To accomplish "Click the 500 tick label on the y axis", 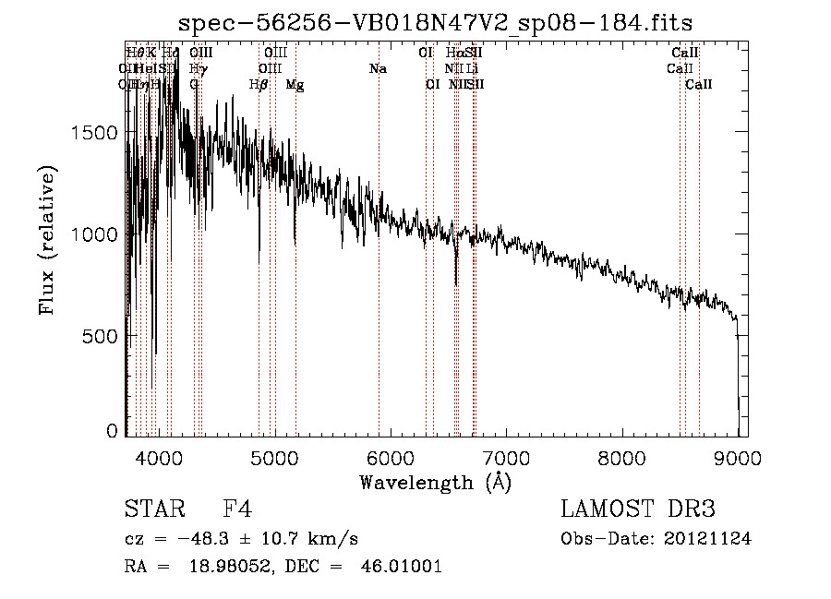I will pos(102,336).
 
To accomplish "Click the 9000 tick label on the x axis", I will pos(738,457).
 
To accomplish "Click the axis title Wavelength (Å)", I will pos(435,482).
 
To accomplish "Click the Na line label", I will pos(377,69).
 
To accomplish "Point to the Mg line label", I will pos(295,85).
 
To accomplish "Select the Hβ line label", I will pos(259,85).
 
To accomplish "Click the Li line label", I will pos(472,69).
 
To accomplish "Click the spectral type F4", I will pos(238,510).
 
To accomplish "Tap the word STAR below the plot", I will pos(149,510).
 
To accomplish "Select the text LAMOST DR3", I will pos(637,509).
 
